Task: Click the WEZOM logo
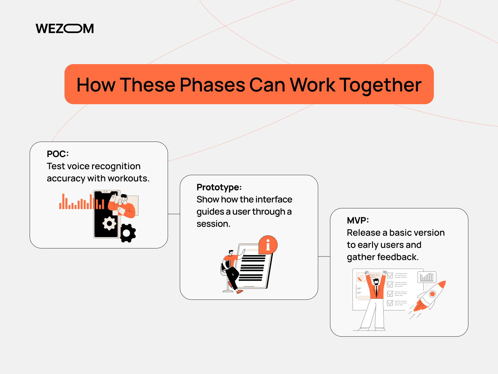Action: (65, 28)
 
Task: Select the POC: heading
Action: (58, 154)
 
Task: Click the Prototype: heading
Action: (219, 187)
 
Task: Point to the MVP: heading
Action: (358, 220)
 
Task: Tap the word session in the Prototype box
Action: (213, 224)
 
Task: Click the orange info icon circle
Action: (268, 245)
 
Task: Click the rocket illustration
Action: (429, 297)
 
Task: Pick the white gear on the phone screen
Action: (109, 223)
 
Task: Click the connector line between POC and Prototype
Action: (174, 214)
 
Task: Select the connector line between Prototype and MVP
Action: (324, 256)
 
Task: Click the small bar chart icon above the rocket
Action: (427, 277)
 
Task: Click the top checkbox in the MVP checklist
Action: (390, 275)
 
